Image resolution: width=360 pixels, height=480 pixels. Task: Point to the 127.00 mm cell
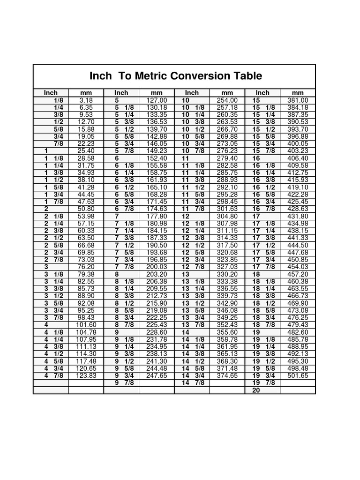click(157, 100)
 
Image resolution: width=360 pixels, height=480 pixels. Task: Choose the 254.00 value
click(227, 100)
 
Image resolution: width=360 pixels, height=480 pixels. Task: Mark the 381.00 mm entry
click(298, 100)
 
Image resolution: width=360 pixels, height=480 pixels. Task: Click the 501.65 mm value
click(298, 375)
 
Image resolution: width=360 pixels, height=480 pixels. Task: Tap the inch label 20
click(256, 390)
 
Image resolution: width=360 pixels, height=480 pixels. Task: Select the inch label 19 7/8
click(262, 383)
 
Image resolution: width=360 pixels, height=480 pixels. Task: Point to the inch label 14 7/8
click(193, 383)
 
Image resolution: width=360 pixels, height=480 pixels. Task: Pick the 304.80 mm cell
click(227, 216)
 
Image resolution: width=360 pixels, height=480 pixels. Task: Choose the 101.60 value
click(86, 324)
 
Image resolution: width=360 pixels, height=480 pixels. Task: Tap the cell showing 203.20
click(157, 274)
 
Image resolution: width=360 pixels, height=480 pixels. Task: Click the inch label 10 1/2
click(193, 129)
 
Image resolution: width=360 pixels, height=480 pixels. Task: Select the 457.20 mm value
click(298, 274)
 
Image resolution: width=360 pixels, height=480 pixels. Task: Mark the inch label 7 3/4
click(122, 260)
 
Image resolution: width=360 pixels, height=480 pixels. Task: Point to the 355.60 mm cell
click(227, 332)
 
